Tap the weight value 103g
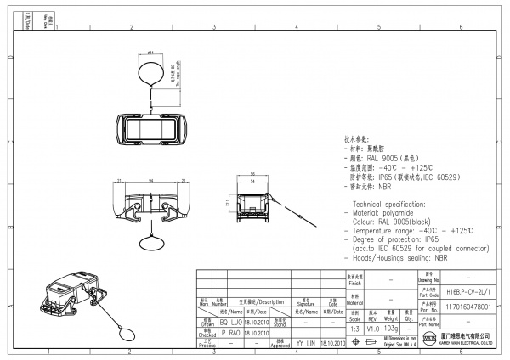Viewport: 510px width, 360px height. pyautogui.click(x=390, y=328)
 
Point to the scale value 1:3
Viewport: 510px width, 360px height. pyautogui.click(x=354, y=328)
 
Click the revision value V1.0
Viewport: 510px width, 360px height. pyautogui.click(x=372, y=328)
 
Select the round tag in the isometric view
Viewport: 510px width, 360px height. pyautogui.click(x=127, y=329)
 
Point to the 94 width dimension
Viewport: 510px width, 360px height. pyautogui.click(x=151, y=181)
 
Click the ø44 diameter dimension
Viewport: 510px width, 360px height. pyautogui.click(x=150, y=52)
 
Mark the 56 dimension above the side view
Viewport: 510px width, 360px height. pyautogui.click(x=253, y=181)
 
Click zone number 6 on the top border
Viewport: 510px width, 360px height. pyautogui.click(x=460, y=28)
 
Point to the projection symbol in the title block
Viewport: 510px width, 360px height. pyautogui.click(x=374, y=342)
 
